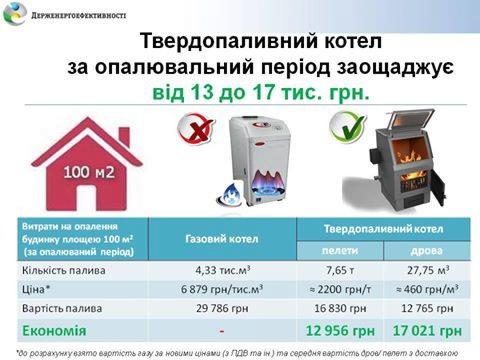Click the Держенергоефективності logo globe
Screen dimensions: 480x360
tap(14, 13)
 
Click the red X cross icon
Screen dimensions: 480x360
tap(195, 128)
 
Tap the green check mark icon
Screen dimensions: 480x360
tap(348, 127)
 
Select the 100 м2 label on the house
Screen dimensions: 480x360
tap(89, 172)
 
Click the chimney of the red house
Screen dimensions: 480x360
tap(124, 136)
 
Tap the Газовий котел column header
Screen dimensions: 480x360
tap(222, 238)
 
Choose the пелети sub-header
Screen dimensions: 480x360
tap(340, 251)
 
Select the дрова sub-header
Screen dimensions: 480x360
tap(427, 251)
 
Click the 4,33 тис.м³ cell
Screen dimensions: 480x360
tap(222, 270)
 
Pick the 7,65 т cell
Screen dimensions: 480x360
tap(340, 270)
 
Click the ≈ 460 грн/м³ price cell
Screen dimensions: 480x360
tap(427, 289)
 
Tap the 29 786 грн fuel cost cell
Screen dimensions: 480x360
tap(222, 308)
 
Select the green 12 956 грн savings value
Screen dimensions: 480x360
tap(340, 331)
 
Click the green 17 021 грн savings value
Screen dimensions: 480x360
tap(427, 331)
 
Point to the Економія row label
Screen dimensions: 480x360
tap(54, 331)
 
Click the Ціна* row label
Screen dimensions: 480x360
tap(36, 289)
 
